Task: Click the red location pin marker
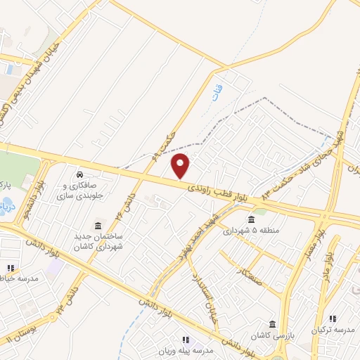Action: click(x=181, y=166)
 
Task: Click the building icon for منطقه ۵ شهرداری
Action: click(x=251, y=220)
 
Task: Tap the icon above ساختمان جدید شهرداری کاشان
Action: click(x=96, y=226)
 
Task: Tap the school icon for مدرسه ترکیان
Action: click(x=333, y=319)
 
